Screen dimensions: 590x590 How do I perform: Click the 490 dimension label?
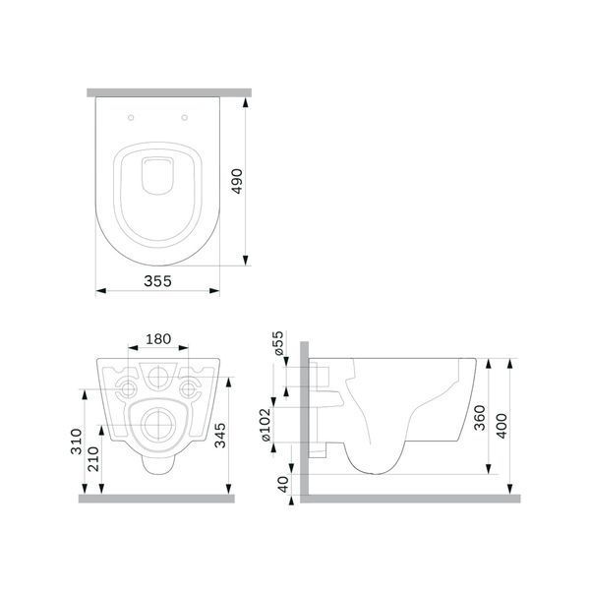point(237,181)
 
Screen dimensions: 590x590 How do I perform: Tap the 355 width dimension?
point(157,281)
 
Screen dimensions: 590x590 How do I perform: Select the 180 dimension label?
point(158,339)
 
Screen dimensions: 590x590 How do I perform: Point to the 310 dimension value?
point(77,442)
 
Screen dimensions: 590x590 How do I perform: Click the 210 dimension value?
point(93,459)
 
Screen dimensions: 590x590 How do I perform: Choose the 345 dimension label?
point(220,436)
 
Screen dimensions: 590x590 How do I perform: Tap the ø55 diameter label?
point(278,343)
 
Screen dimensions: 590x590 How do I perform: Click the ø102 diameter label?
point(265,425)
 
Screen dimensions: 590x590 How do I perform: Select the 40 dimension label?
point(283,484)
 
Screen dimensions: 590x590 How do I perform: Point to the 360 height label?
point(480,418)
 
